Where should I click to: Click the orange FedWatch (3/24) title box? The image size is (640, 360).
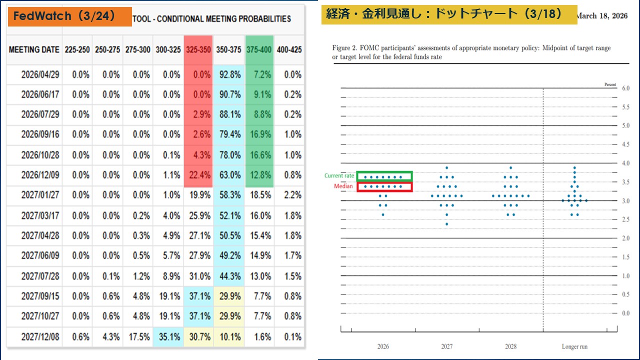click(x=69, y=16)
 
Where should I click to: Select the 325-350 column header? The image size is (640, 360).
click(x=198, y=50)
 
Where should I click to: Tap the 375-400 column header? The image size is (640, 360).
click(x=259, y=50)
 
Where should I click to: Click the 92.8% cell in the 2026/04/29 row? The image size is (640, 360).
click(x=228, y=74)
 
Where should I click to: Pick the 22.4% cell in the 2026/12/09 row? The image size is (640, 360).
click(x=198, y=175)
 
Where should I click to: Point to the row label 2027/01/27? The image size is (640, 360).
click(x=40, y=195)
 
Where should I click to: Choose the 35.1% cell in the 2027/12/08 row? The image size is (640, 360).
click(x=168, y=336)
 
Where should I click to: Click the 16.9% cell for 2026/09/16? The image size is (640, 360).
click(x=259, y=134)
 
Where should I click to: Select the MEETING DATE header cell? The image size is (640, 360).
click(x=34, y=50)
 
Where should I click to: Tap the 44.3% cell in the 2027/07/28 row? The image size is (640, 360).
click(x=228, y=276)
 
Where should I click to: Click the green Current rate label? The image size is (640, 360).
click(x=339, y=176)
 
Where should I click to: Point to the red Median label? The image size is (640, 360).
click(x=343, y=186)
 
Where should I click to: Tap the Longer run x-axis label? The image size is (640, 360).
click(x=574, y=346)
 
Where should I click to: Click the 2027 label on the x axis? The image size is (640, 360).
click(x=446, y=346)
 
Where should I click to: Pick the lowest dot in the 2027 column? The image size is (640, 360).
click(x=446, y=224)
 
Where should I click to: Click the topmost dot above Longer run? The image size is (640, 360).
click(x=574, y=167)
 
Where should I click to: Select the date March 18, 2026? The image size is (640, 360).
click(x=602, y=16)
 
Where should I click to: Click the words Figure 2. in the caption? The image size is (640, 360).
click(x=344, y=48)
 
